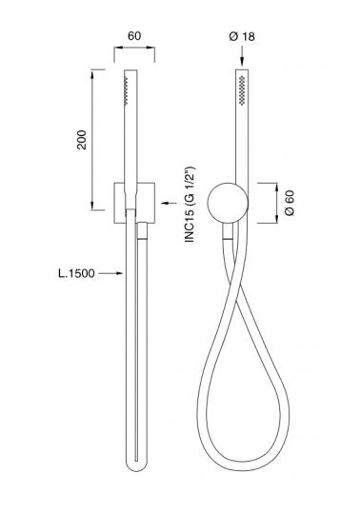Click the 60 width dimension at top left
[x=134, y=36]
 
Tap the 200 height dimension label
[x=82, y=140]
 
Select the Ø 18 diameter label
[x=242, y=36]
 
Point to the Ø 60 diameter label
[x=290, y=203]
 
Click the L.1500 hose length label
[x=76, y=273]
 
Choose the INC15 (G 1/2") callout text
[x=190, y=205]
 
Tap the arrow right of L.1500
[x=110, y=273]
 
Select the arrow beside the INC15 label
[x=170, y=204]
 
